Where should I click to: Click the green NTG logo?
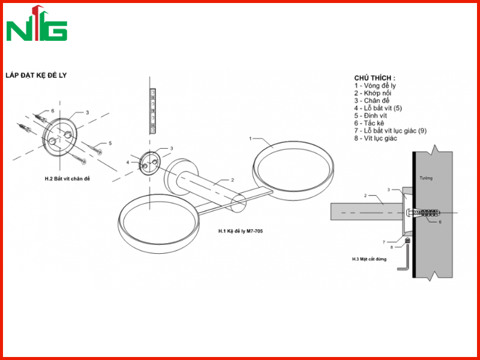point(37,24)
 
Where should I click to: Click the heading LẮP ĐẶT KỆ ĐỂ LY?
point(36,76)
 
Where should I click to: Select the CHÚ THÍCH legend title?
point(374,78)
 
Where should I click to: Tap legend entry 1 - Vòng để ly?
point(376,86)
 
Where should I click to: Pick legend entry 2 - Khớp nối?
point(373,93)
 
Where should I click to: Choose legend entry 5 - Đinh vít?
point(371,116)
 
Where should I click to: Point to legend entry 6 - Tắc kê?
point(369,123)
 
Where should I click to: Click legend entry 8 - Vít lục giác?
point(376,139)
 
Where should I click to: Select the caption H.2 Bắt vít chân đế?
point(67,179)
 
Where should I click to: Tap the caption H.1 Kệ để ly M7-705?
point(241,231)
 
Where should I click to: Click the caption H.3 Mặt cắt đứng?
point(369,259)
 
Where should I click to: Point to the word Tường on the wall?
point(426,178)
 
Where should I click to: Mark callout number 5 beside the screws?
point(110,143)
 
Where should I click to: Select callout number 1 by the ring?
point(250,139)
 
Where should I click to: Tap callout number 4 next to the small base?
point(128,162)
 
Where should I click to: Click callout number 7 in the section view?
point(384,242)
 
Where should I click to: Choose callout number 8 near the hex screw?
point(392,247)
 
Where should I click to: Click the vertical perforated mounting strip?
point(152,111)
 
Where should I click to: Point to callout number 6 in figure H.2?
point(53,110)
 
